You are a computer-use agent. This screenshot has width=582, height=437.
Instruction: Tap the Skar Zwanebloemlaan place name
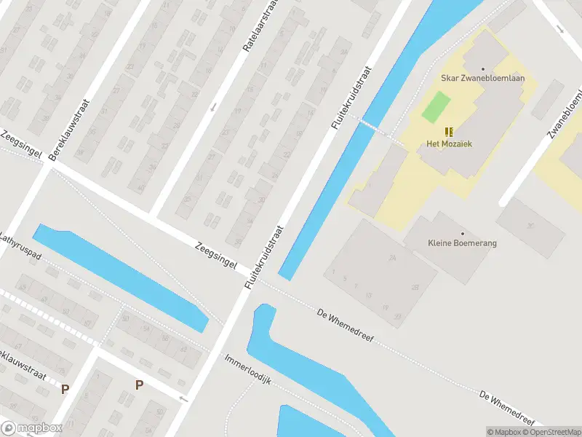(x=482, y=79)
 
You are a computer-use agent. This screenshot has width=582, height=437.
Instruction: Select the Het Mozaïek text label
(x=449, y=144)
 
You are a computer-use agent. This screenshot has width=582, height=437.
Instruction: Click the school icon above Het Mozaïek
(x=449, y=131)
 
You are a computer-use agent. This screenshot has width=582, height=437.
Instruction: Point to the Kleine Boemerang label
(x=462, y=243)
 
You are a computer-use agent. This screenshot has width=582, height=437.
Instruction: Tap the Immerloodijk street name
(x=248, y=370)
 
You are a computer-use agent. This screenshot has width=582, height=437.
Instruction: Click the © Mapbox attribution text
(x=505, y=432)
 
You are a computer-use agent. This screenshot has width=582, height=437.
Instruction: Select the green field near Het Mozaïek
(x=436, y=107)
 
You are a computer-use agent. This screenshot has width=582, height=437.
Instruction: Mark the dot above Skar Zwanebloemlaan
(x=482, y=69)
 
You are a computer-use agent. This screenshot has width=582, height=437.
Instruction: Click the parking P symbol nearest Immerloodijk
(x=138, y=385)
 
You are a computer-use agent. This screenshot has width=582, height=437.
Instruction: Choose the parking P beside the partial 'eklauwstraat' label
(x=65, y=390)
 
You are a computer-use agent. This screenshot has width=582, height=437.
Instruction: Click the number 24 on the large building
(x=393, y=259)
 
